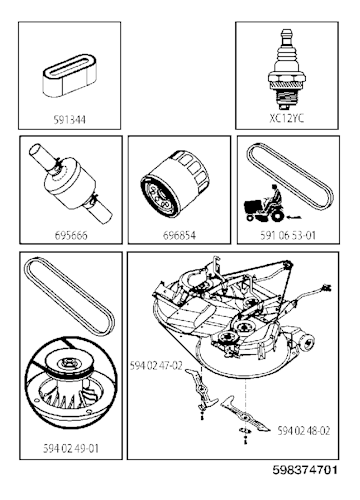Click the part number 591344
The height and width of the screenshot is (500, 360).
point(68,116)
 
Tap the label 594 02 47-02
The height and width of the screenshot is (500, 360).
point(157,367)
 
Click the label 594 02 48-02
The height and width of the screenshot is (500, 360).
point(303,429)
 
